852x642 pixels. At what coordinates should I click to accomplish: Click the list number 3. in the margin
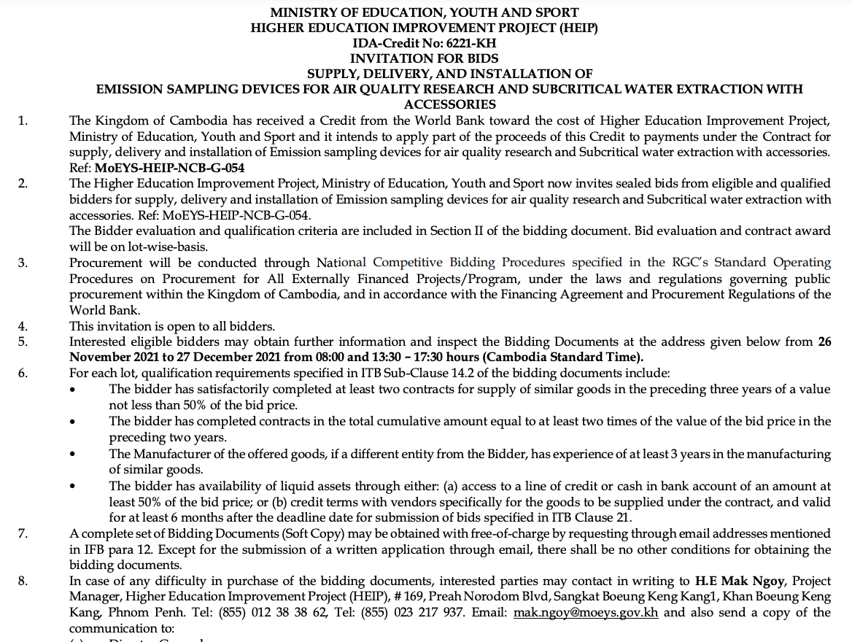23,263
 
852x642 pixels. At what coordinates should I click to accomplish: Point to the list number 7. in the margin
23,534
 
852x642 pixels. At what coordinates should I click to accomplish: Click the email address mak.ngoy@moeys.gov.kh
586,613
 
